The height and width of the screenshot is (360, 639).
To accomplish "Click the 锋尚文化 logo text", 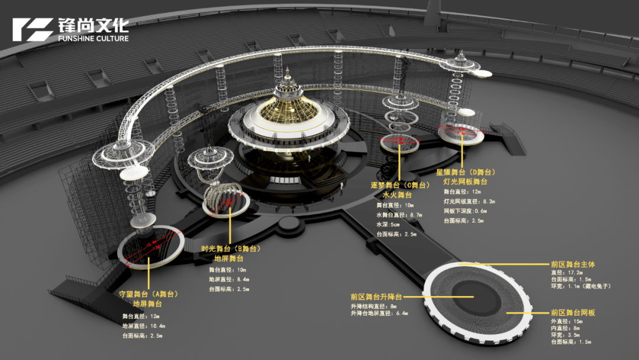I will point(93,25).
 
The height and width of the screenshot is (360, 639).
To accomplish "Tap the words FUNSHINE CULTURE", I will point(93,39).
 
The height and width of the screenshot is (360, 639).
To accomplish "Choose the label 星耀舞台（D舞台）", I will point(466,172).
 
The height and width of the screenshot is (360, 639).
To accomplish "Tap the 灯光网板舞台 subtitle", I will point(466,181).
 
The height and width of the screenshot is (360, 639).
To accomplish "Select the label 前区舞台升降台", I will point(376,297).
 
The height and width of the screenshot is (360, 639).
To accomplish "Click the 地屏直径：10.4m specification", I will point(144,326).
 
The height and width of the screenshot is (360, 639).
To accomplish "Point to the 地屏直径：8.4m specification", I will point(229,279).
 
